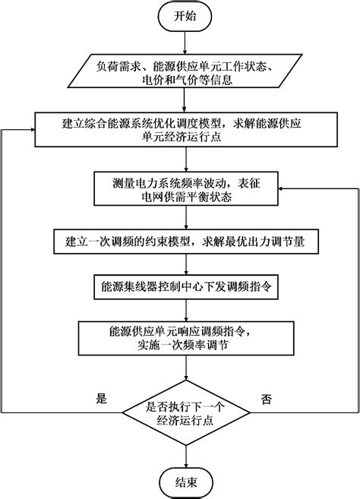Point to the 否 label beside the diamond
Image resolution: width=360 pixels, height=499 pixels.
pos(266,397)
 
